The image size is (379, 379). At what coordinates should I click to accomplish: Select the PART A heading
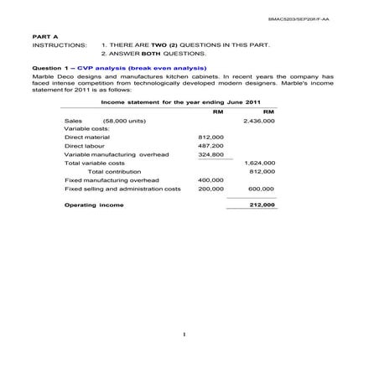(42, 38)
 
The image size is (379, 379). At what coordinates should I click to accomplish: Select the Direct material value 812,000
(210, 137)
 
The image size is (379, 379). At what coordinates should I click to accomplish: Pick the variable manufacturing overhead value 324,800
(210, 154)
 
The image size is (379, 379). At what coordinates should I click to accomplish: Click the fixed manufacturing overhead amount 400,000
(210, 180)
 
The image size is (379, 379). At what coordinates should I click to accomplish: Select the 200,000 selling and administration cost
(210, 189)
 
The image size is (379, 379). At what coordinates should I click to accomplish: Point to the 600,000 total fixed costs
(262, 189)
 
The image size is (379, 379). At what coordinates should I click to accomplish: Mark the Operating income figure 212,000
(262, 205)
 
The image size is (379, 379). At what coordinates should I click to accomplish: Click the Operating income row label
(94, 205)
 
